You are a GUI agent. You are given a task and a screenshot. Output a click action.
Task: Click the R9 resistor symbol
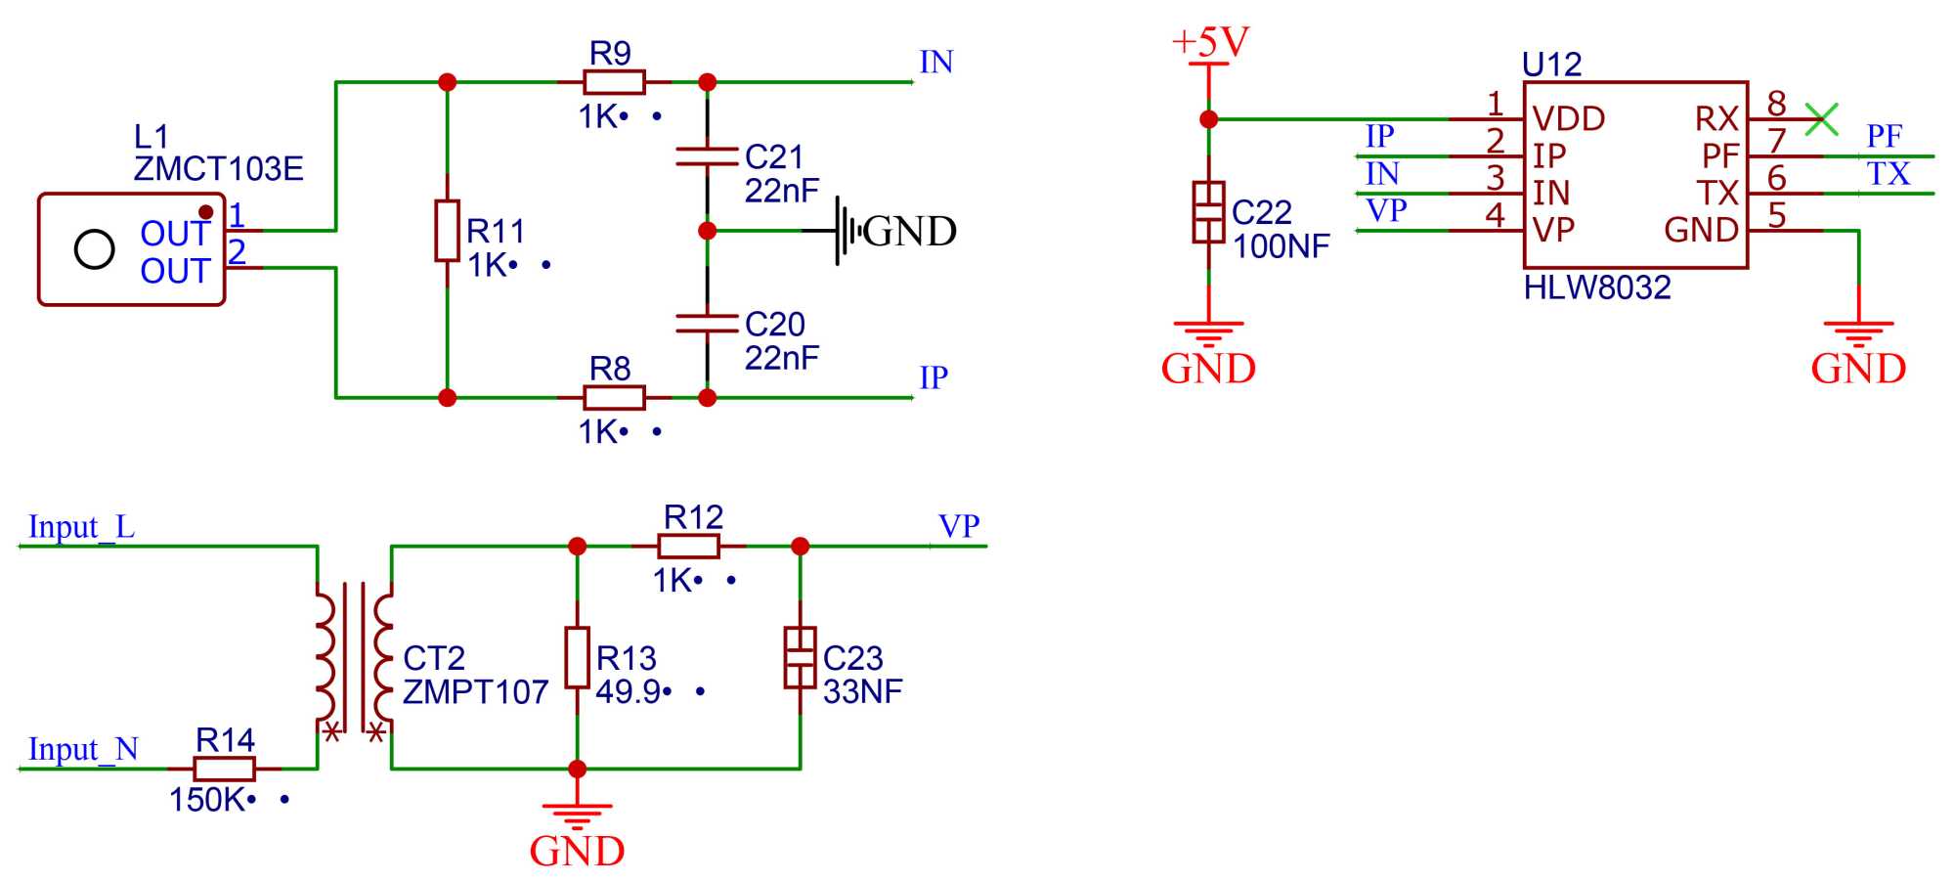614,82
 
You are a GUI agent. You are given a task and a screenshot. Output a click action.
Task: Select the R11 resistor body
447,231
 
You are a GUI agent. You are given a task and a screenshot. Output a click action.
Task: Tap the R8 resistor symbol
614,397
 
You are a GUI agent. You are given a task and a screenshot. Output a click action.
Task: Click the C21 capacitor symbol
707,156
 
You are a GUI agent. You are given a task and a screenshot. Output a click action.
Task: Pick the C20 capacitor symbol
707,324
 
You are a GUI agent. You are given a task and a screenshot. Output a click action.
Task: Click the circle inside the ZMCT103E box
95,249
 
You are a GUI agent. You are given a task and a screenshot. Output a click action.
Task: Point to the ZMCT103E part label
218,169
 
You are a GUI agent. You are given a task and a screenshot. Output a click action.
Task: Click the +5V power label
1210,42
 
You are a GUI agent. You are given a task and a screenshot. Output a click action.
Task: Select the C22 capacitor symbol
1209,211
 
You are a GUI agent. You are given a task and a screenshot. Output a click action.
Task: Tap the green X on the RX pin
1821,119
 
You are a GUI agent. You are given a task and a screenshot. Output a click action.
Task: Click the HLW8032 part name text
1597,287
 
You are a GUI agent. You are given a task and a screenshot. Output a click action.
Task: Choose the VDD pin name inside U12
1568,119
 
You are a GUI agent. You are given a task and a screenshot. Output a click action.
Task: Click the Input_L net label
81,527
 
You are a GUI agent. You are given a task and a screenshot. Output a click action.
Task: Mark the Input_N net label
83,749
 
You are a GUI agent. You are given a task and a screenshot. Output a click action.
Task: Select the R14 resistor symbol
225,769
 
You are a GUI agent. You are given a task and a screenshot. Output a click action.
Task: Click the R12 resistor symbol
688,546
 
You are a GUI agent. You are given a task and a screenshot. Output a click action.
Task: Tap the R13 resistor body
577,657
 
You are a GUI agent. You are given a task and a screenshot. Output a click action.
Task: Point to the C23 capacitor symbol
800,657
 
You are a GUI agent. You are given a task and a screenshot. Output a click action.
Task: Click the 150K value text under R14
206,800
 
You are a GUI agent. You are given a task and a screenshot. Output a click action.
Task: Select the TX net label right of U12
1888,174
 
